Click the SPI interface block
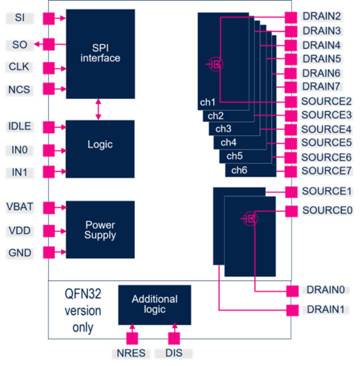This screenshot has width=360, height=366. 100,53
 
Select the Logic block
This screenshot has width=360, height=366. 100,144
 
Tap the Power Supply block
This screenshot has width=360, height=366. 100,230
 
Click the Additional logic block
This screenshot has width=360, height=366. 155,304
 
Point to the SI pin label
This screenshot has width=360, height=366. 20,19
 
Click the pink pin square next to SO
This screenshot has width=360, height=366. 48,44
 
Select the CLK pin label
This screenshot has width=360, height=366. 20,67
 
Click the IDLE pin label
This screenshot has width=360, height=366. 20,126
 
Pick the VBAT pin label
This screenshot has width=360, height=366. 21,206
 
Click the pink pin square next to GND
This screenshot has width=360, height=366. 48,252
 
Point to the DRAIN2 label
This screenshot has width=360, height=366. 321,16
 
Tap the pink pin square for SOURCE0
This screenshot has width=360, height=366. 291,211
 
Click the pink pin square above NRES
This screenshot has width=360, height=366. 132,338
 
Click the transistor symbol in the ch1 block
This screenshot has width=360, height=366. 215,65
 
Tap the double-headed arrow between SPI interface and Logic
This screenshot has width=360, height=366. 98,109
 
